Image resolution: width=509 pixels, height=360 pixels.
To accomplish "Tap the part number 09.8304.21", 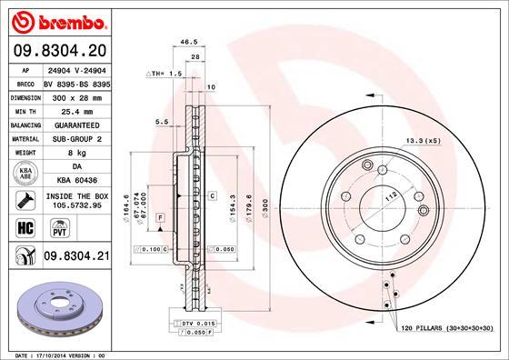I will pos(76,257).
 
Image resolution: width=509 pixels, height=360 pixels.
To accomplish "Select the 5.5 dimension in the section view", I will pos(160,120).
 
